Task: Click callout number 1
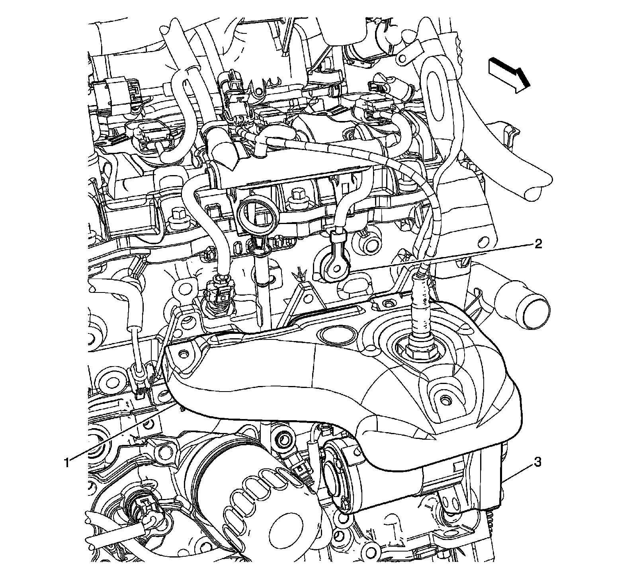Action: [68, 462]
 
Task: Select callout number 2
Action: [537, 244]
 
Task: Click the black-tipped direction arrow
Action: [510, 75]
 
